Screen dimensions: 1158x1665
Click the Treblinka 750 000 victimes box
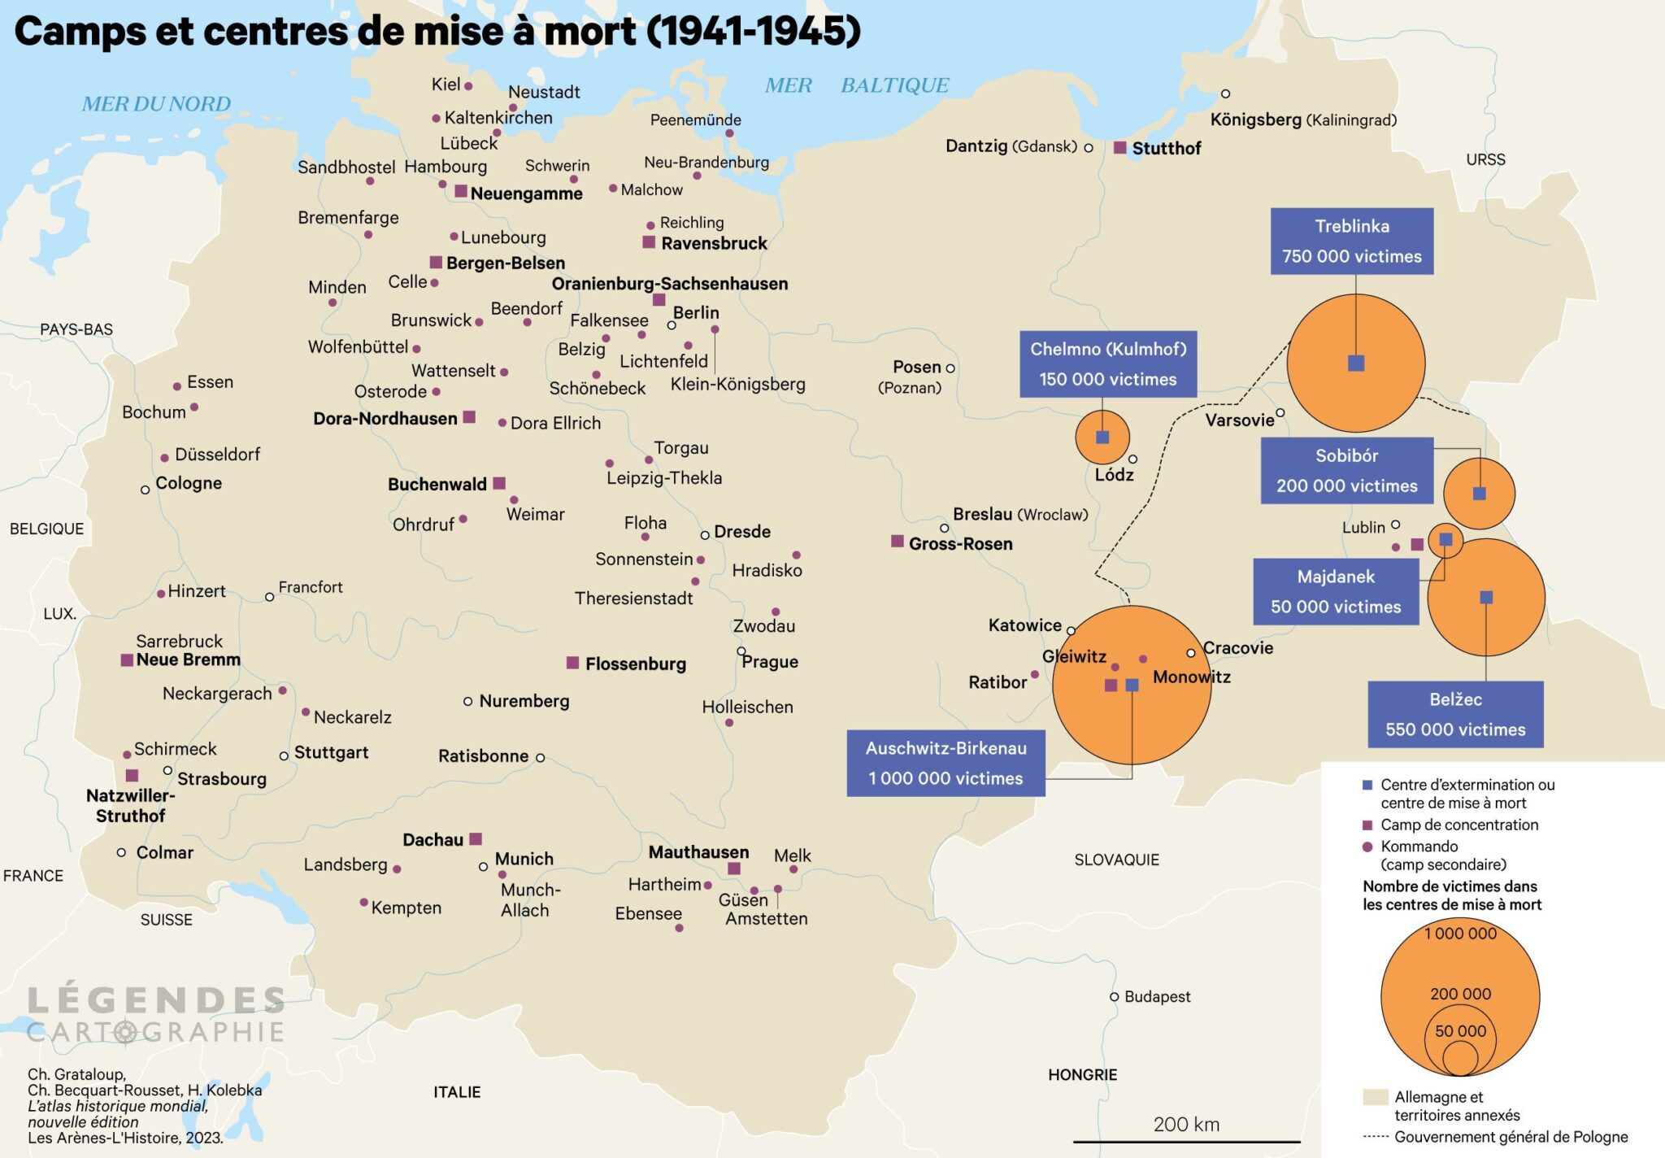pos(1351,241)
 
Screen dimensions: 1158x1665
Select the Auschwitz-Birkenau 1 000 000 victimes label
pos(946,763)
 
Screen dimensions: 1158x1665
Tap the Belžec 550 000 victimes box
pos(1455,714)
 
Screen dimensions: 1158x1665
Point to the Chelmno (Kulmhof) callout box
pos(1107,364)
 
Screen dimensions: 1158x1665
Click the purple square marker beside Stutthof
pos(1119,148)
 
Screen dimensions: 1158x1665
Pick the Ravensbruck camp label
pos(714,243)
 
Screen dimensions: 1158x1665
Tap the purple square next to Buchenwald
pos(499,483)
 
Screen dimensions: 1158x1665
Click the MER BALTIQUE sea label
pos(856,85)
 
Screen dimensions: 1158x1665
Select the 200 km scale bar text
pos(1186,1125)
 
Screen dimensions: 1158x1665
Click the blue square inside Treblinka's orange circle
pos(1356,363)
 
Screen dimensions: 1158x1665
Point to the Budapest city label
pos(1157,997)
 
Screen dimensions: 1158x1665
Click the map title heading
pos(437,31)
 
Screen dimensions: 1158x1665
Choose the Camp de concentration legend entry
pos(1459,825)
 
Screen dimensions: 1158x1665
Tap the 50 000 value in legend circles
pos(1460,1031)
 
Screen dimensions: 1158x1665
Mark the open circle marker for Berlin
pos(672,325)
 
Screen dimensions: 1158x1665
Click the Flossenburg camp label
pos(635,664)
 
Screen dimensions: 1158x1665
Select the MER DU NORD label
pos(156,104)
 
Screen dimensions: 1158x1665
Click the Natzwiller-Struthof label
pos(130,805)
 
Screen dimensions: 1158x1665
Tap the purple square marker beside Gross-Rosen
pos(898,542)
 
